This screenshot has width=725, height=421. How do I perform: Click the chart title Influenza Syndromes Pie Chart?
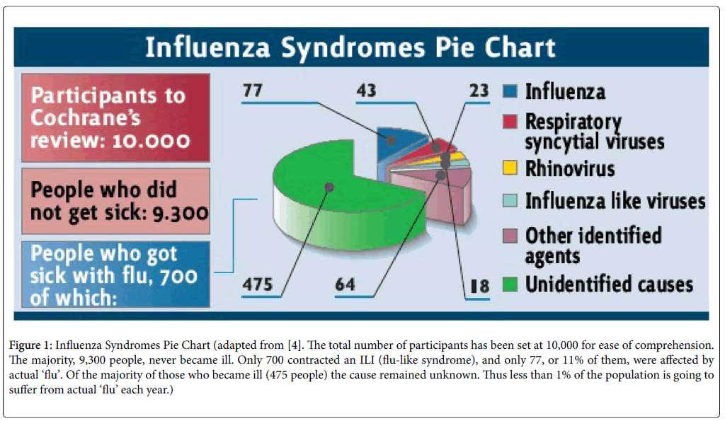(350, 47)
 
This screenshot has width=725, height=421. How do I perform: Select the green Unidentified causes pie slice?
(319, 198)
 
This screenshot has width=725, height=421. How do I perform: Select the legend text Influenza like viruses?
(615, 201)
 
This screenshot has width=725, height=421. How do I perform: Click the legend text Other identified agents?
(593, 246)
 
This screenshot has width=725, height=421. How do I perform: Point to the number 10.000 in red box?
(149, 139)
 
